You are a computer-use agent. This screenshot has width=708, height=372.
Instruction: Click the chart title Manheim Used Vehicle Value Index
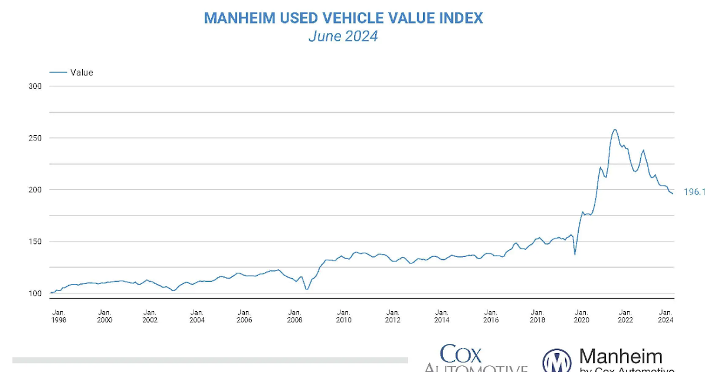343,18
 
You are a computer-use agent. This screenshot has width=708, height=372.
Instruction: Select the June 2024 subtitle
343,37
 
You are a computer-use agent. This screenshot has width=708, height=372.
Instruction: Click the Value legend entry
81,73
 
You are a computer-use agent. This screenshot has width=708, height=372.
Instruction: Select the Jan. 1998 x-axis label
58,316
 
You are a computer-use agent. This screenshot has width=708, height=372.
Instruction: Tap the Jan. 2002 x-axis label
150,316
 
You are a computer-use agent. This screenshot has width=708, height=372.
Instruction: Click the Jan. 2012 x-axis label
392,316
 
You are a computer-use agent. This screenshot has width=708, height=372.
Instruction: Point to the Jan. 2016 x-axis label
490,316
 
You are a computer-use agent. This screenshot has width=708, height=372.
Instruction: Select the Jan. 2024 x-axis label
666,316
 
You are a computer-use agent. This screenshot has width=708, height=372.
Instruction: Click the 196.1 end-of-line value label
694,192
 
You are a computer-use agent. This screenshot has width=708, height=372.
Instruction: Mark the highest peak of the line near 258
615,130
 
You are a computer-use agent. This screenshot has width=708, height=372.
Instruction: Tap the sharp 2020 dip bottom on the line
575,254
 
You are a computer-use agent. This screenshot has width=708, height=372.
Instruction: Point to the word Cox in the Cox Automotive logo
461,354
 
